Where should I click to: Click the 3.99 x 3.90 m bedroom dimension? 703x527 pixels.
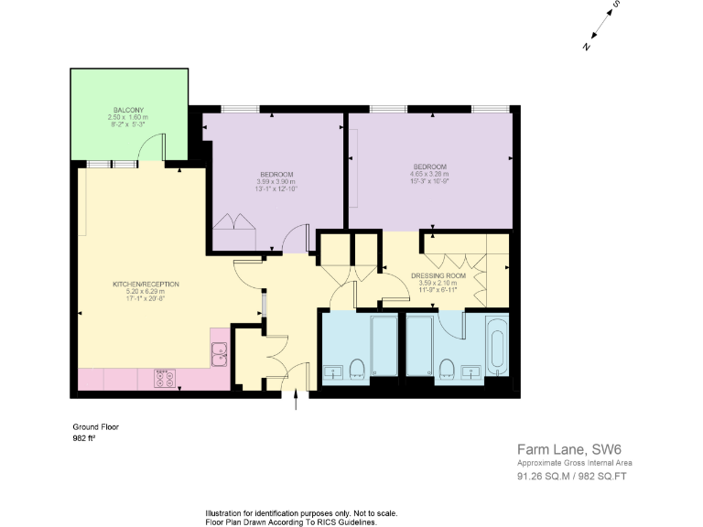coord(276,182)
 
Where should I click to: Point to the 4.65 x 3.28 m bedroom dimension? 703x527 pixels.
coord(429,174)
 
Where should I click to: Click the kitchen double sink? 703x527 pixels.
coord(220,353)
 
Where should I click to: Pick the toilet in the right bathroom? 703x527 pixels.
coord(448,367)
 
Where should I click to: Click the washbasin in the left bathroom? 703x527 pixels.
coord(333,371)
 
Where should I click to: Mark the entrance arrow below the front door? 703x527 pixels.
coord(296,403)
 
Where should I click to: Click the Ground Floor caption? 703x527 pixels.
coord(95,426)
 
